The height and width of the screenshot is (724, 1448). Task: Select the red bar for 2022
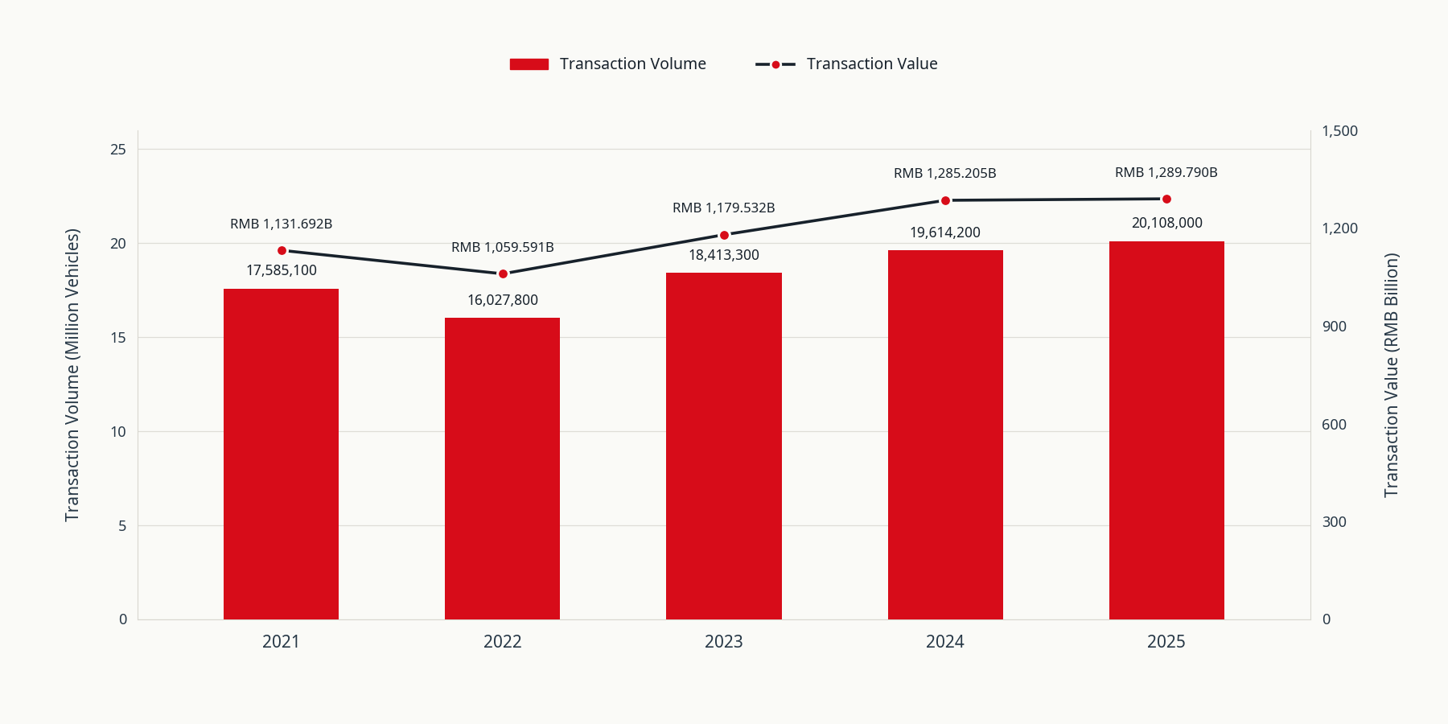click(x=502, y=468)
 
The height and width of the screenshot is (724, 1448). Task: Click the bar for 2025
click(x=1166, y=430)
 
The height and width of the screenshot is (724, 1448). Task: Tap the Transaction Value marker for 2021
click(x=282, y=250)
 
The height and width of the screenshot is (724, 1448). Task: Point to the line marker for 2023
click(x=724, y=235)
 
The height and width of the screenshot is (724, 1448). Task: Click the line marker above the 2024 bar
click(x=945, y=200)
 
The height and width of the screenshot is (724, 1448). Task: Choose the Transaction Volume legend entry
click(x=608, y=64)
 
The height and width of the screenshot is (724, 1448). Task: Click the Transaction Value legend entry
click(x=846, y=64)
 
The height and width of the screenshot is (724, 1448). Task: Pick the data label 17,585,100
click(x=282, y=270)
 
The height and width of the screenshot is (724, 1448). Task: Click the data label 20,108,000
click(x=1166, y=223)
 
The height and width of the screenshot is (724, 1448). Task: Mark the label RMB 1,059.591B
click(x=503, y=247)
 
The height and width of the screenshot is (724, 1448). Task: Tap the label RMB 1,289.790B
click(x=1166, y=172)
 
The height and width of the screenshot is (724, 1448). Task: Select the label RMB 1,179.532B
click(x=724, y=208)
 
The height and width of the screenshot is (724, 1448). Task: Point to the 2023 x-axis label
click(x=724, y=642)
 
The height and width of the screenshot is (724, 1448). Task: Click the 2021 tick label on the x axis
click(x=281, y=642)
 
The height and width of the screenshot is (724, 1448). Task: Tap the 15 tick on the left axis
click(x=118, y=338)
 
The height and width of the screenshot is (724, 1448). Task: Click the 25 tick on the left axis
click(x=118, y=150)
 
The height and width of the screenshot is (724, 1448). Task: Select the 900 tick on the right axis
click(x=1334, y=327)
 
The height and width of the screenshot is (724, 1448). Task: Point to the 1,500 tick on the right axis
click(x=1339, y=131)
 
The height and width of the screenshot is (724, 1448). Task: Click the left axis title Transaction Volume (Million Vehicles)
click(x=72, y=375)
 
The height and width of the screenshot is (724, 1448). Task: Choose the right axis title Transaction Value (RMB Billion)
click(x=1392, y=375)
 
